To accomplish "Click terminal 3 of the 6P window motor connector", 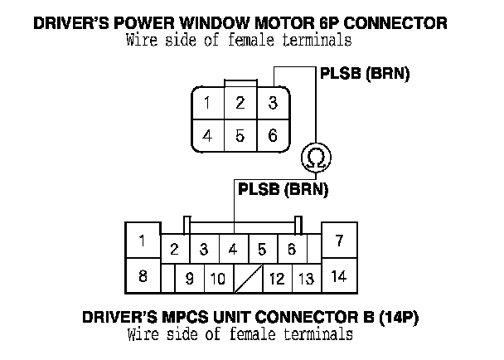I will click(x=269, y=103).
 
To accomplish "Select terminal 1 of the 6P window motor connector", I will click(x=207, y=103).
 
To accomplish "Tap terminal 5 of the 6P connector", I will click(x=239, y=135).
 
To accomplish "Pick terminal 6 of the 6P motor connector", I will click(x=269, y=135).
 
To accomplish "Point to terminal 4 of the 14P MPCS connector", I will click(x=233, y=249).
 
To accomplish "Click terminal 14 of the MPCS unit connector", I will click(x=338, y=276).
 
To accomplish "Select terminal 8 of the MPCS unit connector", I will click(x=143, y=276).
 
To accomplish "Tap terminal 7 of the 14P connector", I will click(x=338, y=241).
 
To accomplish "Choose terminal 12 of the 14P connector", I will click(x=277, y=279).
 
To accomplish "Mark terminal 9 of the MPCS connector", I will click(x=190, y=279).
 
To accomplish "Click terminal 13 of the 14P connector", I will click(x=306, y=279).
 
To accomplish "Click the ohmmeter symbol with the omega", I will click(x=315, y=156).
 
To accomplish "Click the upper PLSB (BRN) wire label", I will click(x=365, y=74).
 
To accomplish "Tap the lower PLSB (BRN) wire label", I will click(x=283, y=189).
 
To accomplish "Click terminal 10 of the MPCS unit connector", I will click(x=217, y=279).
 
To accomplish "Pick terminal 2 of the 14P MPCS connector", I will click(x=174, y=249).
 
